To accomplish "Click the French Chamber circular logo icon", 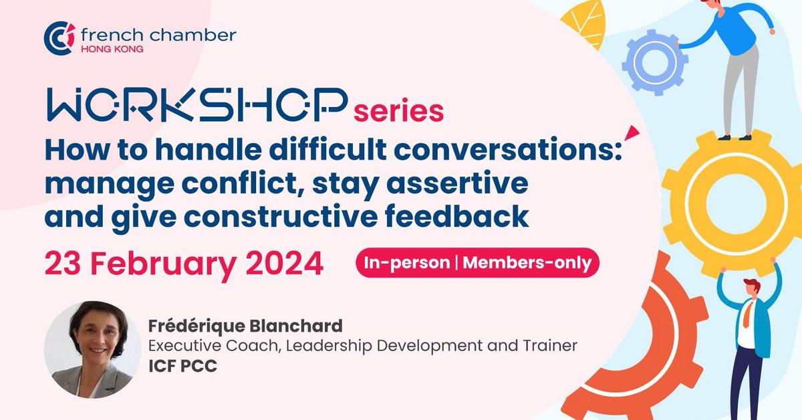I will (x=59, y=38).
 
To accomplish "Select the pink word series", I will (x=399, y=111).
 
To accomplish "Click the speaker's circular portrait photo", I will (x=88, y=350).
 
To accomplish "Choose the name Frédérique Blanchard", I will (x=245, y=326).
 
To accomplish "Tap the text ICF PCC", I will (x=175, y=366).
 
